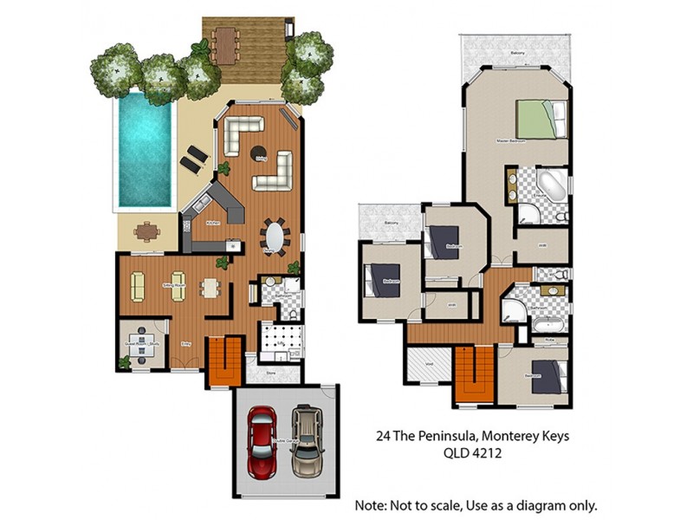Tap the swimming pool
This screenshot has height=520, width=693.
(144, 148)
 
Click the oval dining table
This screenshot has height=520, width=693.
(275, 236)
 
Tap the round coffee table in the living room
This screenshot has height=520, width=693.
(258, 154)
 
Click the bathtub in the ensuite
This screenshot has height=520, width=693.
(549, 185)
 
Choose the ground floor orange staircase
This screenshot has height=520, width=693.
(223, 361)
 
